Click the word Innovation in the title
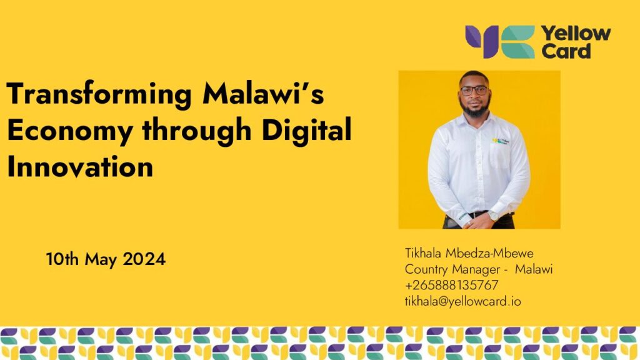click(80, 167)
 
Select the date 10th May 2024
click(106, 259)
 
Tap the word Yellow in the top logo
click(576, 33)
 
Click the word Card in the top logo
click(566, 51)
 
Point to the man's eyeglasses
click(474, 90)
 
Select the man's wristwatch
click(492, 216)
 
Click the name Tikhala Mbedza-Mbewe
click(469, 254)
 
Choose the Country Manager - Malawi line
click(479, 269)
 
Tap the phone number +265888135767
click(452, 285)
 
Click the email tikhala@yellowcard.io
click(462, 301)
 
